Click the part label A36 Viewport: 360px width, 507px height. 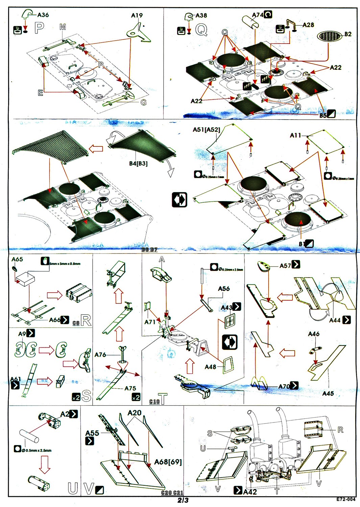pos(43,15)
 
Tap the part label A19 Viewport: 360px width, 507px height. pos(137,16)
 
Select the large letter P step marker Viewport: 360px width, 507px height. pos(39,28)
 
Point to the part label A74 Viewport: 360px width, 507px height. pos(258,15)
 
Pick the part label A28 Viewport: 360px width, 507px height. pos(308,25)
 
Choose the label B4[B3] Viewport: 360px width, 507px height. pos(138,164)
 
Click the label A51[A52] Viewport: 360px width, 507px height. pos(206,130)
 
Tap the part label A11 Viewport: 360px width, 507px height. pos(295,135)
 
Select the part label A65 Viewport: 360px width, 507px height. pos(17,259)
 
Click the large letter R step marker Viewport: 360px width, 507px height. pos(86,320)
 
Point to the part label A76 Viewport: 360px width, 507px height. pos(100,355)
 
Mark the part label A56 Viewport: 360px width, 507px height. pos(224,289)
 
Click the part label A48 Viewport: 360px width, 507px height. pos(210,367)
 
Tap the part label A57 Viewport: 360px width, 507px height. pos(285,266)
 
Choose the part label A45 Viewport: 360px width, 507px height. pos(328,393)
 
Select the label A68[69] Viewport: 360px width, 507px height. pos(168,462)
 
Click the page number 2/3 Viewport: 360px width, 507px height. pos(183,500)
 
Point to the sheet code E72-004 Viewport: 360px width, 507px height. pos(346,499)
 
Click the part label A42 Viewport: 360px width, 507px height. pos(250,492)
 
